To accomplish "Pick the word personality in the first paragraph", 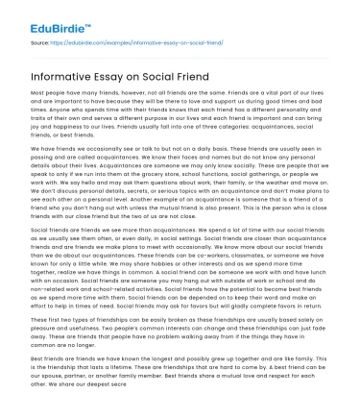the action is pos(299,114).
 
